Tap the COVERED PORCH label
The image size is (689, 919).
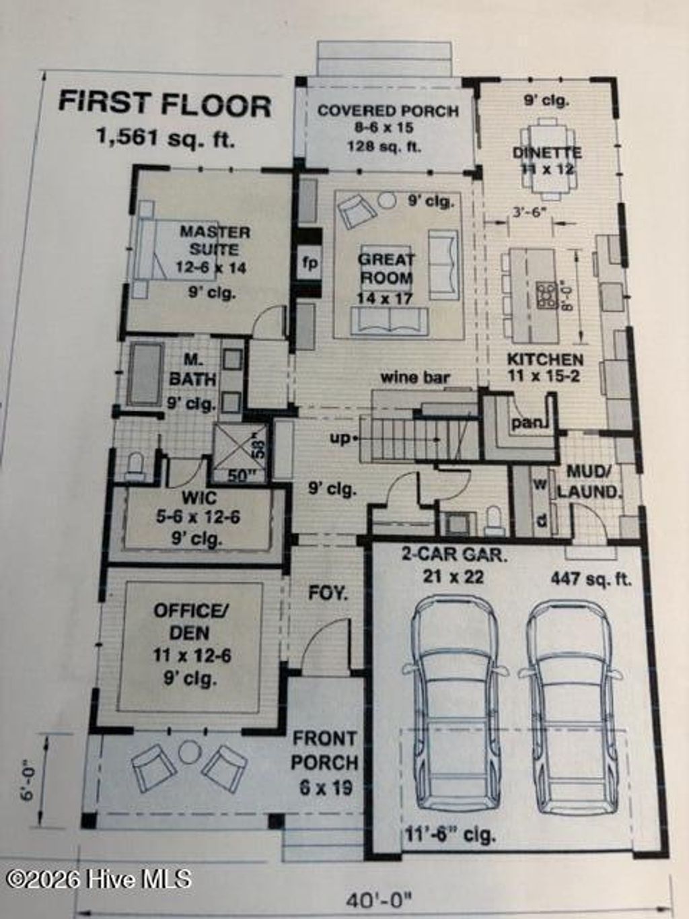388,111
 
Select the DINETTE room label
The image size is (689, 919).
546,153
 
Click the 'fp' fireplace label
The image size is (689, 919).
310,263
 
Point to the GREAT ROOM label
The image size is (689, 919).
386,268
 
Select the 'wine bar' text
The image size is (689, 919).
415,377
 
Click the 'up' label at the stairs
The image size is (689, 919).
340,438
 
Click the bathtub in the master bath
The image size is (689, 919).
145,374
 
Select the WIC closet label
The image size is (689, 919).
200,498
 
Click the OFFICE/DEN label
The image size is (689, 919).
190,621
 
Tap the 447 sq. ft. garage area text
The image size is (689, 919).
590,578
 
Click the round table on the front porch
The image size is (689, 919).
190,751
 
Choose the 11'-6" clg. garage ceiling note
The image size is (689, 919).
450,836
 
